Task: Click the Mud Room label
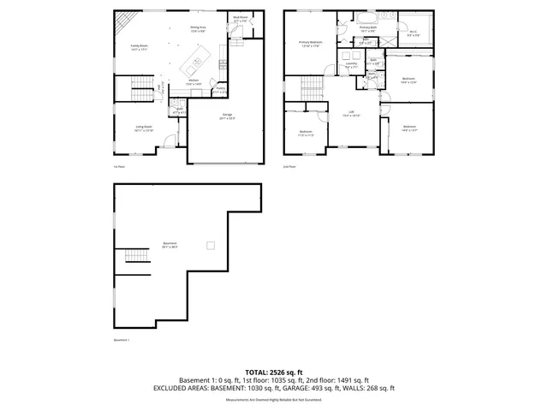click(x=241, y=18)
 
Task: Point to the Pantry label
click(x=220, y=89)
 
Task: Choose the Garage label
click(x=227, y=116)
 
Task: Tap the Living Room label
click(x=143, y=128)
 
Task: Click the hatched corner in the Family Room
click(x=125, y=21)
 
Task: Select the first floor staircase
click(x=139, y=87)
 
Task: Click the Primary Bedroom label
click(x=310, y=44)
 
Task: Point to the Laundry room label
click(x=351, y=65)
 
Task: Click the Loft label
click(x=349, y=113)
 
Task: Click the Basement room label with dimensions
click(x=170, y=244)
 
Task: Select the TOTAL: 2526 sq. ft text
click(x=273, y=372)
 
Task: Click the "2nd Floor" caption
click(x=289, y=166)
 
